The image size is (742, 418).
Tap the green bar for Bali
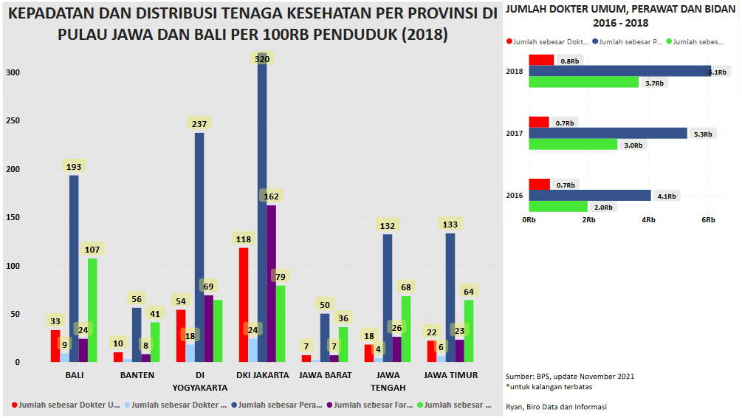[92, 310]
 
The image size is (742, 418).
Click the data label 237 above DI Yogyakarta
[199, 124]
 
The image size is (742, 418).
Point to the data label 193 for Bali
[74, 167]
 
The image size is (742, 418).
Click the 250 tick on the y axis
[15, 120]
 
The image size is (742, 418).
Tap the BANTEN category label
[137, 375]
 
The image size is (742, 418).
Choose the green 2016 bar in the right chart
[558, 207]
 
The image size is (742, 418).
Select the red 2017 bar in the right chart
[539, 122]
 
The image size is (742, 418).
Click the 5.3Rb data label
[703, 134]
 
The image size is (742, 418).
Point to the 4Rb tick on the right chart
[648, 220]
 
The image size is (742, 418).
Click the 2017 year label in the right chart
[515, 134]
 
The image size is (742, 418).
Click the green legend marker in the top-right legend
[669, 42]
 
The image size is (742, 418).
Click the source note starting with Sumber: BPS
[569, 376]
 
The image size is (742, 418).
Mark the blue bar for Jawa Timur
[450, 299]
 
